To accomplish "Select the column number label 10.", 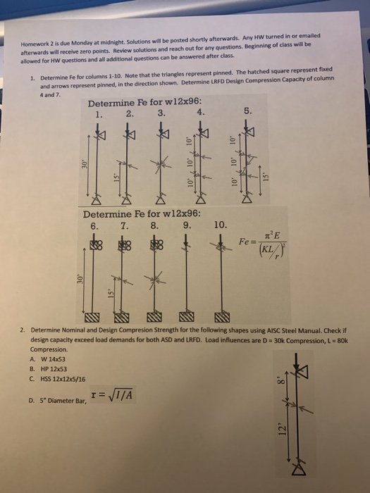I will click(x=220, y=225).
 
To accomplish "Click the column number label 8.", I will click(x=154, y=226).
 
